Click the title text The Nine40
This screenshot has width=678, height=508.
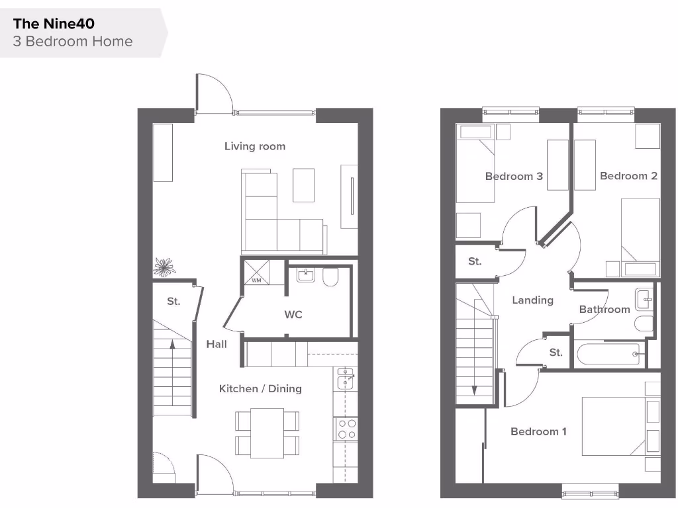click(x=54, y=24)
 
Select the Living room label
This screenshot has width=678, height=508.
click(x=255, y=146)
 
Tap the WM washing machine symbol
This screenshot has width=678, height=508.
click(x=256, y=273)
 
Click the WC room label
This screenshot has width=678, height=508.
click(x=293, y=315)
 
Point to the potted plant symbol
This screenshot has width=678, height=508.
click(x=164, y=267)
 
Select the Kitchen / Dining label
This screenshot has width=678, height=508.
click(x=260, y=388)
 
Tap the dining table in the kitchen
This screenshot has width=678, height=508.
click(x=267, y=433)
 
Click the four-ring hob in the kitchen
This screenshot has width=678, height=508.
click(x=346, y=429)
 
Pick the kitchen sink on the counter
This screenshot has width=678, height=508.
click(x=345, y=379)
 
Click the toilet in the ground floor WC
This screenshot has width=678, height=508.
click(x=330, y=277)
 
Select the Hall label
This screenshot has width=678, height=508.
click(x=217, y=344)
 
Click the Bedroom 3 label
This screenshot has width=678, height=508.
click(x=514, y=177)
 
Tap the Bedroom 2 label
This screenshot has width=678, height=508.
click(x=628, y=176)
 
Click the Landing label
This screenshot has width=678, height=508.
click(x=532, y=300)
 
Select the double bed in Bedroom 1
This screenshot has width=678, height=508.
click(x=612, y=426)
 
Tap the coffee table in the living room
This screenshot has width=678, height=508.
click(x=304, y=185)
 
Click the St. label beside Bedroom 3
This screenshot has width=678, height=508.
click(x=475, y=261)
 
